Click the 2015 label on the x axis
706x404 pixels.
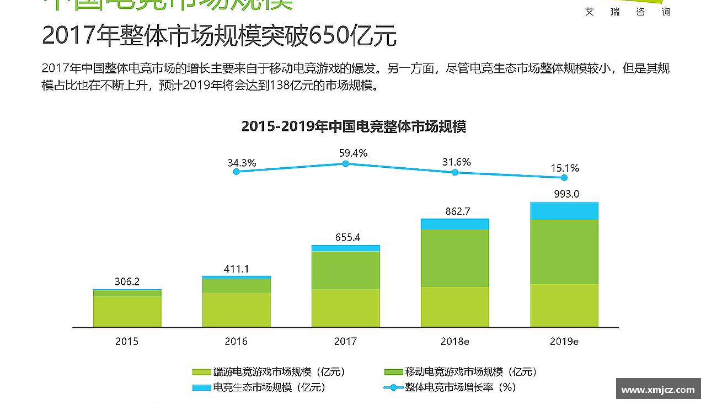click(x=127, y=342)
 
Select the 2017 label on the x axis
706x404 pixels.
click(x=345, y=342)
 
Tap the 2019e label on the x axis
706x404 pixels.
click(x=564, y=342)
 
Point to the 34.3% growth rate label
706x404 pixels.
click(x=242, y=163)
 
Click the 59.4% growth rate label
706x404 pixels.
click(x=353, y=153)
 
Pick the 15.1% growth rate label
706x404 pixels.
click(x=565, y=168)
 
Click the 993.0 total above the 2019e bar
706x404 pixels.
click(x=565, y=194)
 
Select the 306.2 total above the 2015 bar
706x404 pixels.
click(x=127, y=281)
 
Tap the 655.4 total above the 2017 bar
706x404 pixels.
click(x=347, y=237)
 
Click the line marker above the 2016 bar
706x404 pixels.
click(x=237, y=172)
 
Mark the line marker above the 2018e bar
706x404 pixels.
click(x=455, y=172)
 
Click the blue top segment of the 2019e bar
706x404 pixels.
click(x=564, y=211)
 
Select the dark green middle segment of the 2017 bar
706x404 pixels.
click(x=346, y=270)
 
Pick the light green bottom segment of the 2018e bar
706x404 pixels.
click(x=455, y=307)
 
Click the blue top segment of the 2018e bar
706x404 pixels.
click(x=455, y=224)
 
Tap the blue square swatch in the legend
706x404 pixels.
click(x=201, y=387)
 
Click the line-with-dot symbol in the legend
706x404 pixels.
click(x=393, y=387)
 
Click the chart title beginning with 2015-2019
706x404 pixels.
click(x=354, y=126)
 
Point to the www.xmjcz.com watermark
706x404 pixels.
click(x=658, y=390)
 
